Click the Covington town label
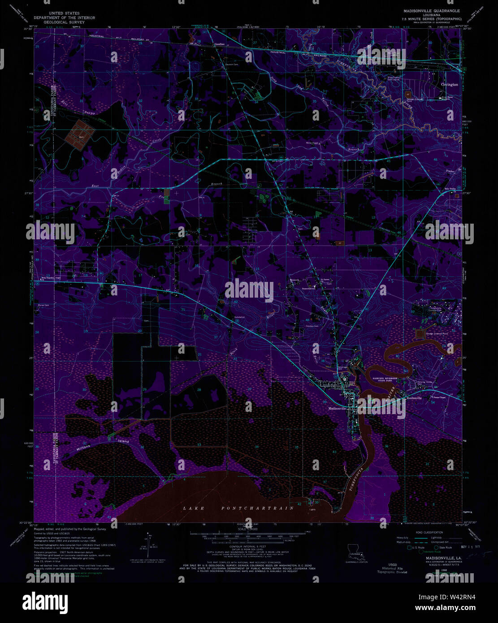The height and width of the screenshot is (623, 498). pyautogui.click(x=449, y=84)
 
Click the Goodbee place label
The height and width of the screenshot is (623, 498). pyautogui.click(x=219, y=44)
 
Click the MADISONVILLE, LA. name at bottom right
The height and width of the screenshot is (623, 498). pyautogui.click(x=435, y=558)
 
